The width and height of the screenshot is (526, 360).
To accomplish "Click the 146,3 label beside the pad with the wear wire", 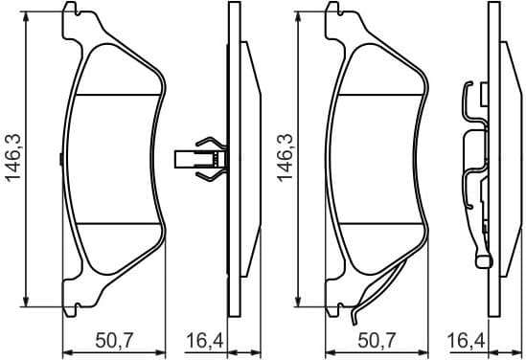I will [284, 158].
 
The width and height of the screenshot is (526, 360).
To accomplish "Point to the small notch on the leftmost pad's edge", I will [61, 159].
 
